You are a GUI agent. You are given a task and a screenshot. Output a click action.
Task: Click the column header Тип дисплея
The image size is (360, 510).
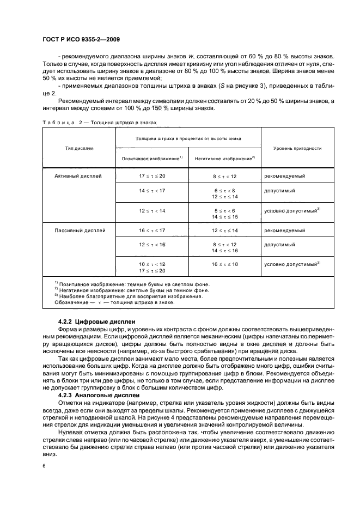79,148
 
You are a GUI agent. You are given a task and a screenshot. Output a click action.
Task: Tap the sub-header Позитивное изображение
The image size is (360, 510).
152,158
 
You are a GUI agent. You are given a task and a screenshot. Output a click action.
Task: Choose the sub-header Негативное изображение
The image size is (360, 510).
224,158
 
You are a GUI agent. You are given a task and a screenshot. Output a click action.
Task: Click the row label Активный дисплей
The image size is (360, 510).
78,176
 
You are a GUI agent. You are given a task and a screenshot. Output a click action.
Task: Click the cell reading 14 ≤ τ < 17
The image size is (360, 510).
151,191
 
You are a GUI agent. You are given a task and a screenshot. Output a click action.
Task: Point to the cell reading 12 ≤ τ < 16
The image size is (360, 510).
151,246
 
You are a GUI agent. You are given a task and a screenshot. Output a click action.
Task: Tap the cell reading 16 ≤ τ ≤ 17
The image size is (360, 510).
151,230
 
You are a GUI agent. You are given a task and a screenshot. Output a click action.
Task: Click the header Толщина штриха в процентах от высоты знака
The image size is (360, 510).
188,138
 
